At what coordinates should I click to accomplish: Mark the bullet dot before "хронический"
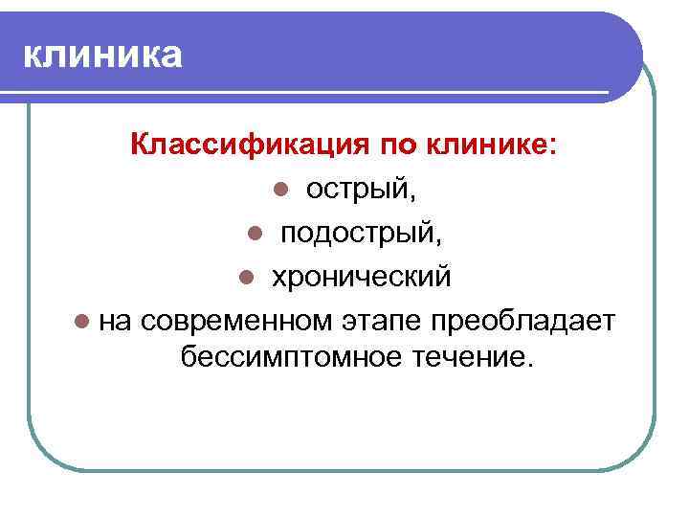pyautogui.click(x=245, y=277)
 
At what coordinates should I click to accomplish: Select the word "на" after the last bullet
pyautogui.click(x=116, y=319)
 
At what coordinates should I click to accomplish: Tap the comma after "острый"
pyautogui.click(x=413, y=197)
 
